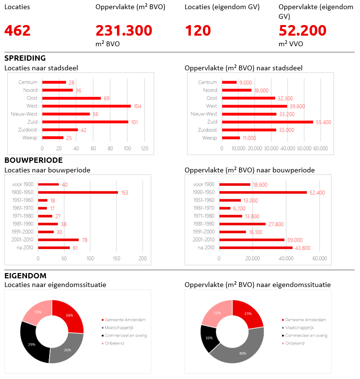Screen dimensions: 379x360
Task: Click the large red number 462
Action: point(17,31)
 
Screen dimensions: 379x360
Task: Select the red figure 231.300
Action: point(124,31)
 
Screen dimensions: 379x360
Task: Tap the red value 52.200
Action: point(303,31)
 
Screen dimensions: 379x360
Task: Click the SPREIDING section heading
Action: point(25,58)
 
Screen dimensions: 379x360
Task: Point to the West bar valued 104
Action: point(86,106)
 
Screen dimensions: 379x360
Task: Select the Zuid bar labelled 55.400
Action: point(267,122)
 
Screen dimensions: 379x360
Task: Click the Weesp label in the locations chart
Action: point(30,138)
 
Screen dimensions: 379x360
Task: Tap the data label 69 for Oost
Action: point(107,98)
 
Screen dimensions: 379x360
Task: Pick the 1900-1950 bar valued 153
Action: point(78,192)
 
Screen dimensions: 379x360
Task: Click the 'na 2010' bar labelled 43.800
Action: point(255,248)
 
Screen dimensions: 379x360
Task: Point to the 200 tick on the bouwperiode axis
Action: point(143,259)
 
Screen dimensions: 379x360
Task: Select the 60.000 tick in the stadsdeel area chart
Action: point(320,148)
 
